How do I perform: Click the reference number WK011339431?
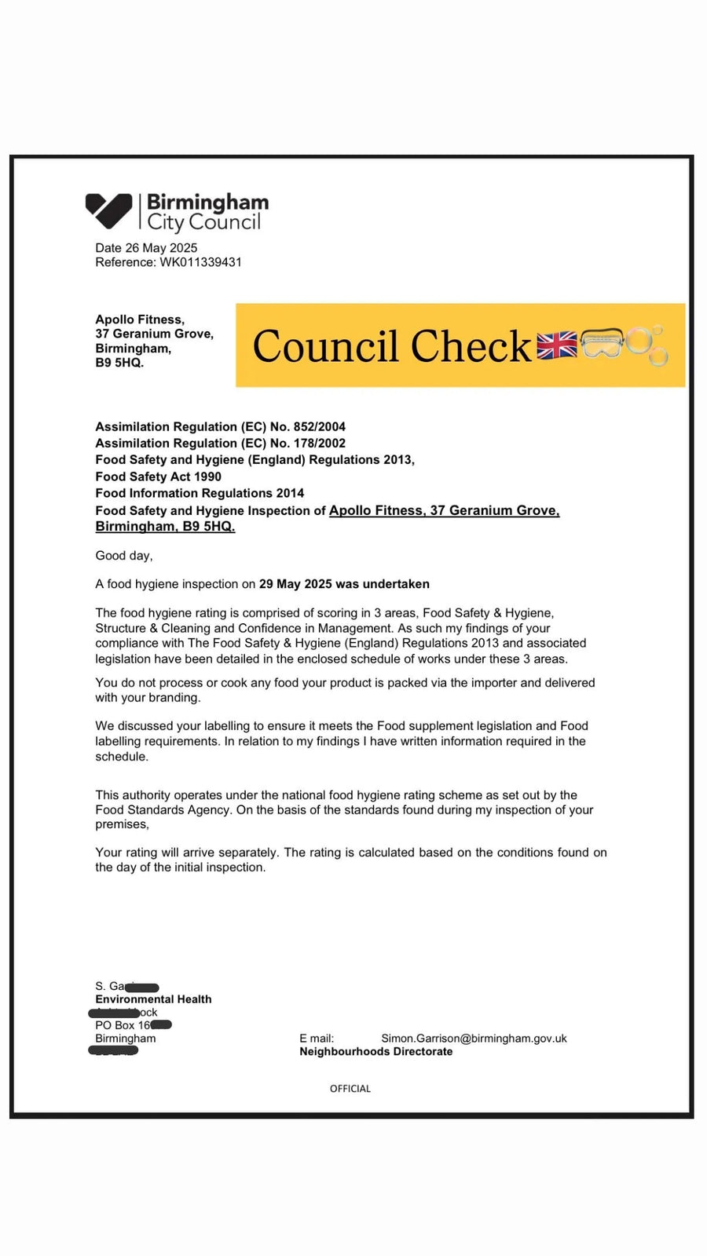tap(200, 262)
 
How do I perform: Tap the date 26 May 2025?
tap(161, 248)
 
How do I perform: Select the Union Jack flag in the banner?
tap(556, 345)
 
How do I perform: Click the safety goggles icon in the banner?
tap(602, 344)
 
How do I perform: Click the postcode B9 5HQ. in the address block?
tap(119, 363)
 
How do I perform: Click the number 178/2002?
tap(319, 444)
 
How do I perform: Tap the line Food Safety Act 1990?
tap(158, 476)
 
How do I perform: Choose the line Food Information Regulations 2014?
tap(200, 493)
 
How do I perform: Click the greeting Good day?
tap(124, 556)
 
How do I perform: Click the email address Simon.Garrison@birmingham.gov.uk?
tap(474, 1039)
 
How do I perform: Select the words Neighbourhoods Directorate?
tap(375, 1052)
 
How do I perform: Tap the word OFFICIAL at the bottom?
tap(350, 1089)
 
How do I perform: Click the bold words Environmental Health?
tap(153, 999)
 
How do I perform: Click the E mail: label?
tap(316, 1039)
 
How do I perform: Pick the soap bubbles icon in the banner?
tap(647, 345)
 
